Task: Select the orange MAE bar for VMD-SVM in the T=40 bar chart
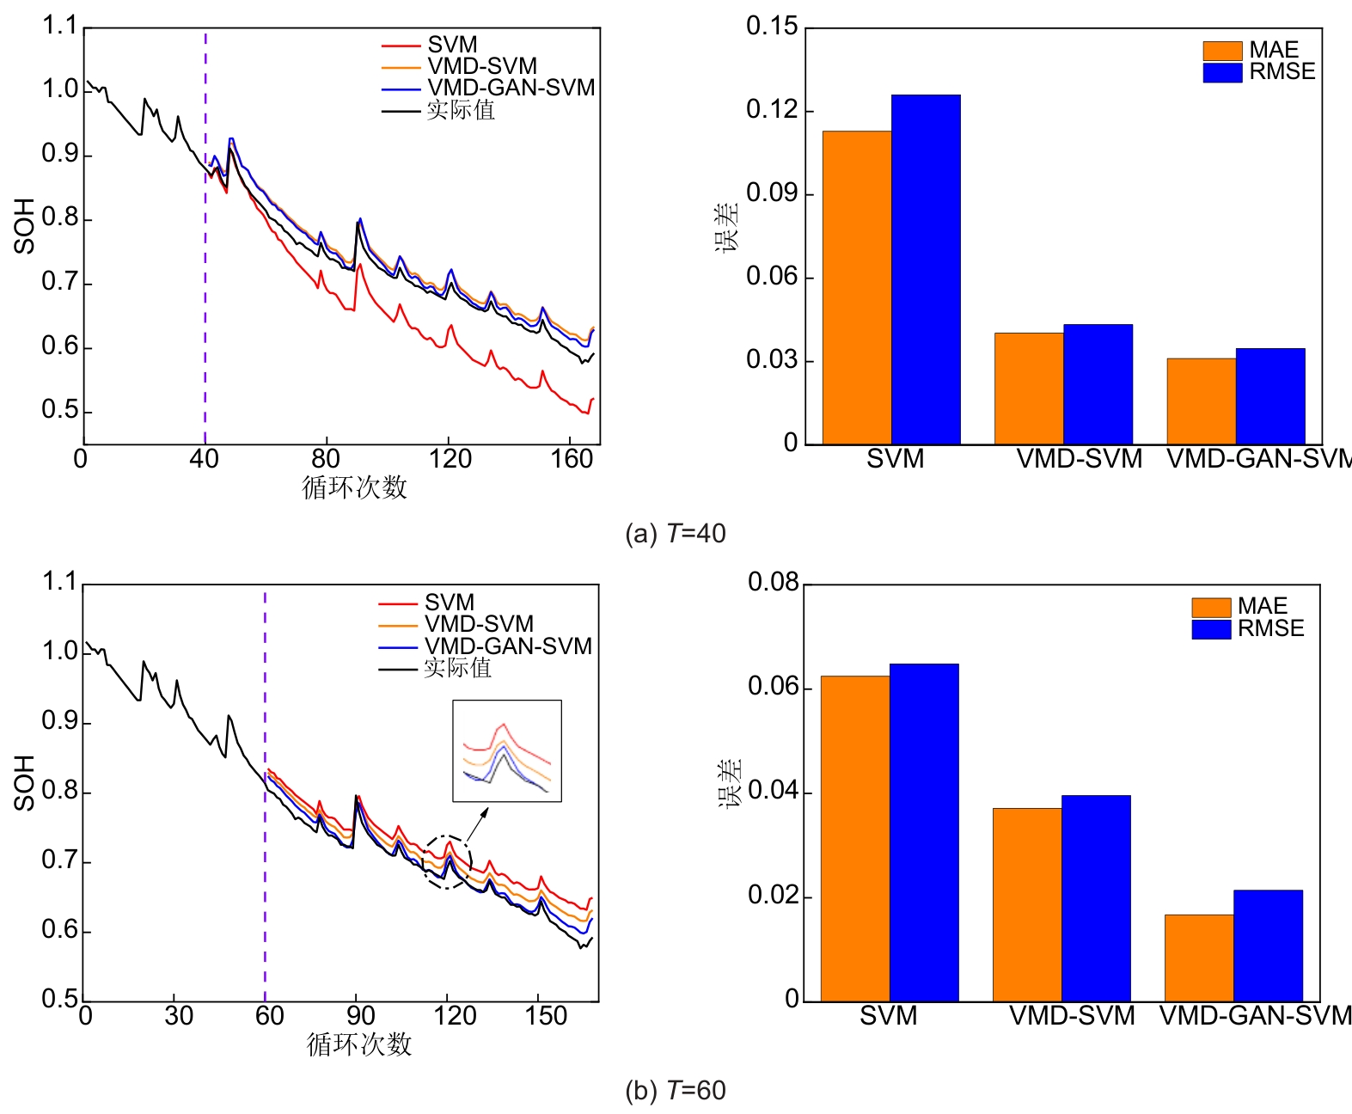pyautogui.click(x=1029, y=389)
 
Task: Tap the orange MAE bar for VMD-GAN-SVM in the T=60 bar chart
pyautogui.click(x=1199, y=958)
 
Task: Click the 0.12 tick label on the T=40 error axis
pyautogui.click(x=772, y=110)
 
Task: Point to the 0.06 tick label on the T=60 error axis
pyautogui.click(x=774, y=687)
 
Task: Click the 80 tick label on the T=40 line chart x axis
pyautogui.click(x=326, y=459)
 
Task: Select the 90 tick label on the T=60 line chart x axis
pyautogui.click(x=360, y=1016)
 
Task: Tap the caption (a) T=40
pyautogui.click(x=676, y=534)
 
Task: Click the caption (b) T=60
pyautogui.click(x=676, y=1091)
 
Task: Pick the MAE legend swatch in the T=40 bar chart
pyautogui.click(x=1222, y=51)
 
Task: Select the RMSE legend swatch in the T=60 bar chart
pyautogui.click(x=1211, y=629)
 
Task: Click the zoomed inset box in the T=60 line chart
pyautogui.click(x=507, y=751)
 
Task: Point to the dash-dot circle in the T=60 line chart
pyautogui.click(x=447, y=861)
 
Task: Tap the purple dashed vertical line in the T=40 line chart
pyautogui.click(x=205, y=258)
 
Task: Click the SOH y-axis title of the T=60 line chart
pyautogui.click(x=24, y=783)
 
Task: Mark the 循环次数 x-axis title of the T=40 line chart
pyautogui.click(x=354, y=487)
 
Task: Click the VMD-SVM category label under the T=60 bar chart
pyautogui.click(x=1072, y=1016)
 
